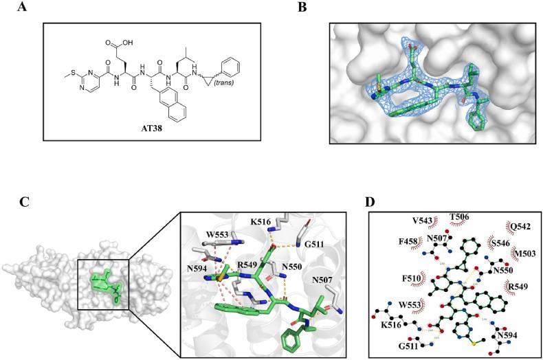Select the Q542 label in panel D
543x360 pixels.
[520, 225]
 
